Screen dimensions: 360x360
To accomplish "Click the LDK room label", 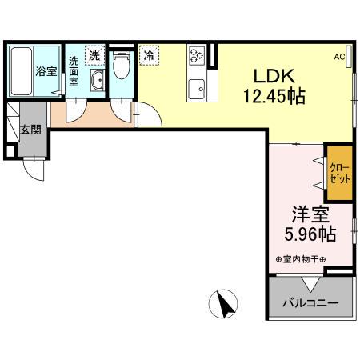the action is click(x=274, y=76).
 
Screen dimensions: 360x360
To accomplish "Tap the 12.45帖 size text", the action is click(x=274, y=96).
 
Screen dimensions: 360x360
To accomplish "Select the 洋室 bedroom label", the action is click(x=310, y=214).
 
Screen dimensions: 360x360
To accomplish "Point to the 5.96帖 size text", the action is click(x=310, y=234).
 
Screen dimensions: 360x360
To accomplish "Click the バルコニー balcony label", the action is click(x=310, y=303).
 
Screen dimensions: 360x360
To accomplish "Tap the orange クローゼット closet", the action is click(x=339, y=173).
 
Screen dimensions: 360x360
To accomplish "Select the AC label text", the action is click(x=339, y=57).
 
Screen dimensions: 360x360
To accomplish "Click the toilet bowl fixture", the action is click(x=122, y=65).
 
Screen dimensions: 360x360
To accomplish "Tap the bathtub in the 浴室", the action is click(x=22, y=71).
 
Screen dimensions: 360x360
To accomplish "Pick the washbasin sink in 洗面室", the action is click(x=97, y=80).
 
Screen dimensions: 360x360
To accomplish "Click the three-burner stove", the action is click(x=197, y=55).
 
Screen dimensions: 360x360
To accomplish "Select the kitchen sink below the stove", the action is click(x=196, y=89).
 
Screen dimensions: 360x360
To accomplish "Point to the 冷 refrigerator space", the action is click(x=149, y=55).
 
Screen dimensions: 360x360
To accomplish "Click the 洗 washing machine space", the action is click(x=94, y=55).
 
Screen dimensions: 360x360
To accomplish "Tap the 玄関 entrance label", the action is click(x=31, y=130).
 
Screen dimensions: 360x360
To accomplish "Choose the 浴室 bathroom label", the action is click(x=46, y=71).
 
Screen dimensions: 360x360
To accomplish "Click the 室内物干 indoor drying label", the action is click(x=301, y=259).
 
